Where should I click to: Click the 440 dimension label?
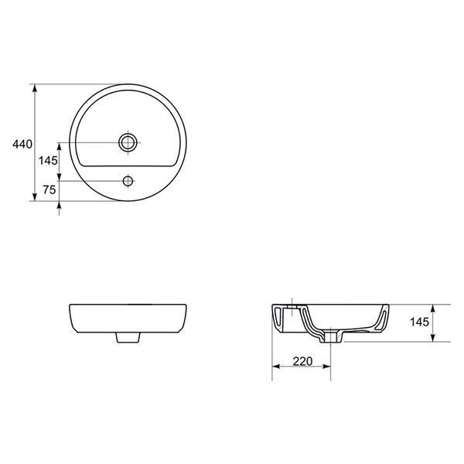22,144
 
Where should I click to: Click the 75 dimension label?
49,190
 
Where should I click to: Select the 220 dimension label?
302,361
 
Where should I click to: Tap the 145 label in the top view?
48,161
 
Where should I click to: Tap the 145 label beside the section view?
419,322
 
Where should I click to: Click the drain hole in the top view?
128,142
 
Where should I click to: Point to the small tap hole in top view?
128,181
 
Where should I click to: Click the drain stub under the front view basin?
128,337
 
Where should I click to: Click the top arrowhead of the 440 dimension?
35,88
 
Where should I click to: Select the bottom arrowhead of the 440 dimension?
35,196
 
